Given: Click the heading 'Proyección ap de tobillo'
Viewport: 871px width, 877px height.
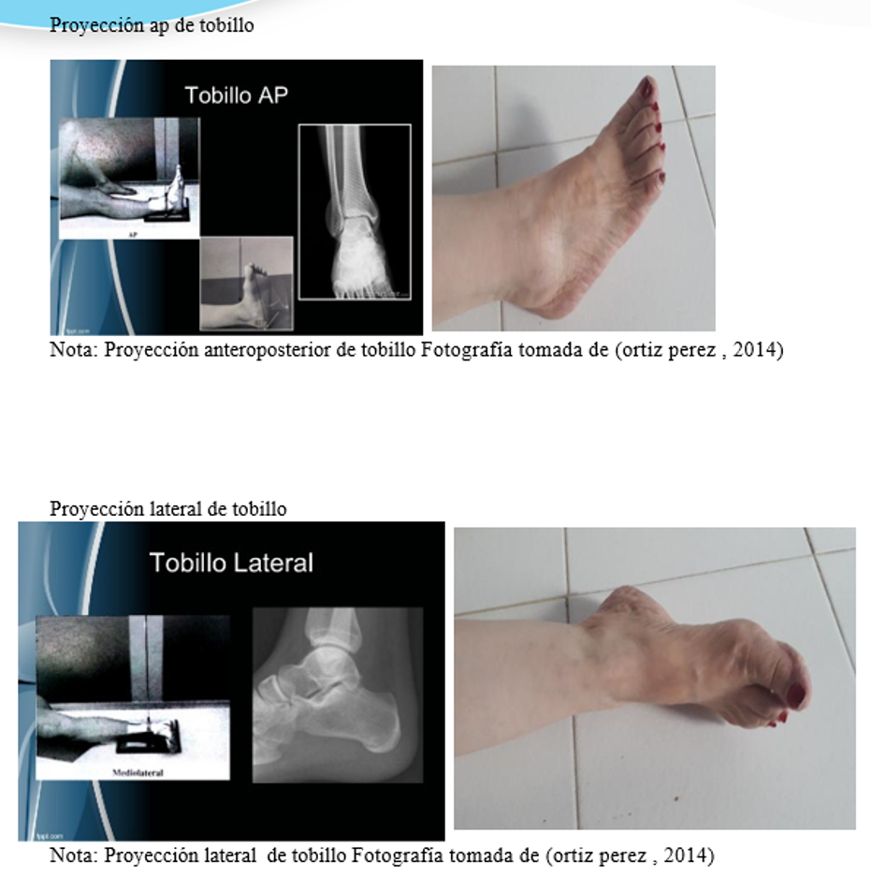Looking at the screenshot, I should pos(152,26).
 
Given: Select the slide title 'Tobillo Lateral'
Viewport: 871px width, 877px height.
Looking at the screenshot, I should pos(231,563).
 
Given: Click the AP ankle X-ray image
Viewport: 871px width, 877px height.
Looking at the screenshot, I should pos(355,212).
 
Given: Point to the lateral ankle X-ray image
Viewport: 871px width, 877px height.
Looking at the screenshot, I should pos(338,694).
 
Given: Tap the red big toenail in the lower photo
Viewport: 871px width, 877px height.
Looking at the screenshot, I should pos(797,695).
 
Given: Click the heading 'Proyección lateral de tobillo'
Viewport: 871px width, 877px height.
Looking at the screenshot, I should pos(168,509).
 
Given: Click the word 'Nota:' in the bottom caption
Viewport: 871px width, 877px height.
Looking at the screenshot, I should pos(74,855).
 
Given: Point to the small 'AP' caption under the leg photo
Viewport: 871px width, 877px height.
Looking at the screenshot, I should pos(132,235).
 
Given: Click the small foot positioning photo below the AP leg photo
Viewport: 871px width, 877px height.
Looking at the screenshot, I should pos(246,283).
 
